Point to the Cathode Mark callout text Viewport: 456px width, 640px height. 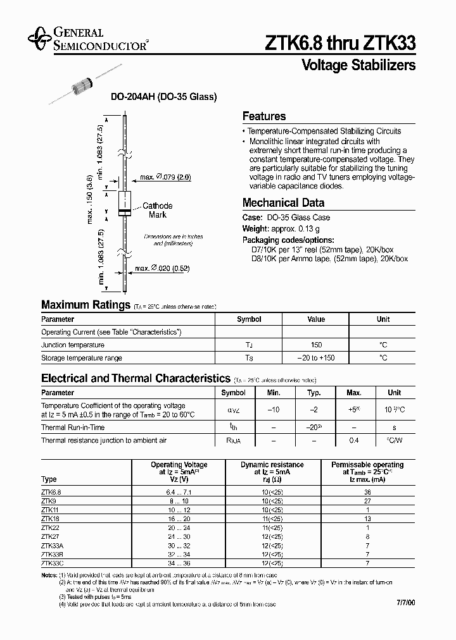[x=157, y=211]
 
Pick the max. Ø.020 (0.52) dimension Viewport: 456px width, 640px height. [x=163, y=269]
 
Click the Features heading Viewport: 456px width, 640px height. [x=264, y=116]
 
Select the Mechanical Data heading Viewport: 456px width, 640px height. [x=283, y=203]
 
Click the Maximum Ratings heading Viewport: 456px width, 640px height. [x=85, y=305]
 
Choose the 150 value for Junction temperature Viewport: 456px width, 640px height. [x=316, y=345]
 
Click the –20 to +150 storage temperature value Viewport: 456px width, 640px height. [x=316, y=358]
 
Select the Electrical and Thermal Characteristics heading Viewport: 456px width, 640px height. [x=136, y=378]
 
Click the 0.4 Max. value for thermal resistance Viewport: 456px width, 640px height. [x=354, y=440]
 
